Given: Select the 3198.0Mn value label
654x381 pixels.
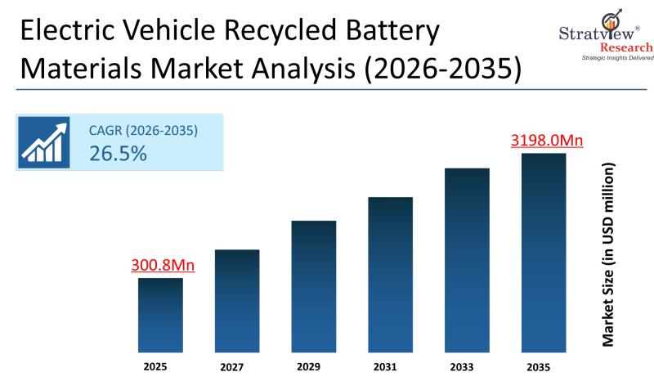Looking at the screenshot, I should pos(547,141).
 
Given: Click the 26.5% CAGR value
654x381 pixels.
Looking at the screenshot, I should pos(118,153).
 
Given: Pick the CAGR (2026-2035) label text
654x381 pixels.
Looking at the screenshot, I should pos(144,130).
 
